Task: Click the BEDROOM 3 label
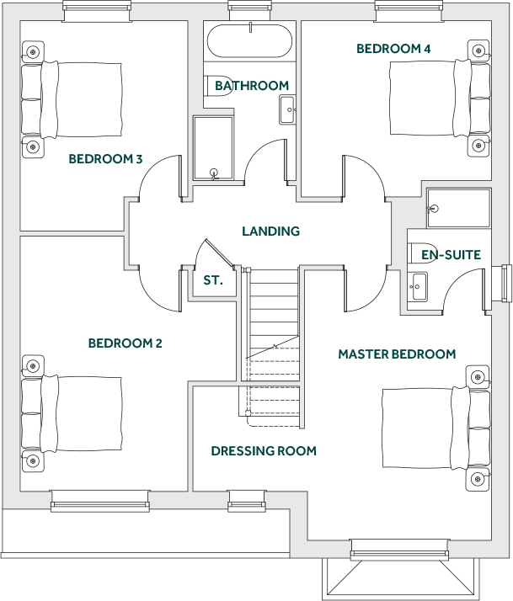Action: pos(105,158)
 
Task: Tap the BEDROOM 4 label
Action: pos(393,49)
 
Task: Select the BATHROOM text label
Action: pos(252,85)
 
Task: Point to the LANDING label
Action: pos(270,231)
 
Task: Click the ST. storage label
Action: pos(213,279)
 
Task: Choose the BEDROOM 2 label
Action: pos(125,343)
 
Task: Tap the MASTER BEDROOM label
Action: pos(397,354)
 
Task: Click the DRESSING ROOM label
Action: pos(264,451)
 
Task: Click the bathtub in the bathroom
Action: pos(249,40)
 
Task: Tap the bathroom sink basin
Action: pos(286,109)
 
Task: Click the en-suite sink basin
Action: pos(419,285)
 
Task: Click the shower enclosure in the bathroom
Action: pos(216,148)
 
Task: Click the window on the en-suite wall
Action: pos(505,283)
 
